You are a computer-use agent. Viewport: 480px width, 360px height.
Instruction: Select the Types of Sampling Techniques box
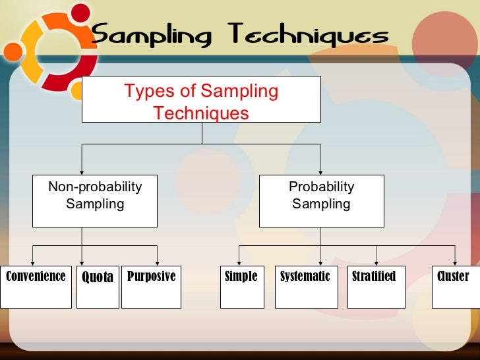click(x=201, y=100)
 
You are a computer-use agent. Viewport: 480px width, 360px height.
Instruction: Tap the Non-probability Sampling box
click(x=95, y=200)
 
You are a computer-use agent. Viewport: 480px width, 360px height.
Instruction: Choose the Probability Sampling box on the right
click(x=321, y=200)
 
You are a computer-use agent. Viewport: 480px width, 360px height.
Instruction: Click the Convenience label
click(x=36, y=276)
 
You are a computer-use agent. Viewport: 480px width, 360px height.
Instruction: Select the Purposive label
click(x=151, y=276)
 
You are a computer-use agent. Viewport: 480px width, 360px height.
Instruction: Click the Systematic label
click(x=305, y=276)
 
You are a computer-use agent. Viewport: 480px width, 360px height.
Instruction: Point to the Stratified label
click(x=374, y=276)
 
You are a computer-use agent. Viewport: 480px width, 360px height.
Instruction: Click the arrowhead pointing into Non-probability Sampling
click(x=82, y=171)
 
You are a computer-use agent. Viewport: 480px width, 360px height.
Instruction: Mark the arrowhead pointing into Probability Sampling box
click(x=320, y=171)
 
